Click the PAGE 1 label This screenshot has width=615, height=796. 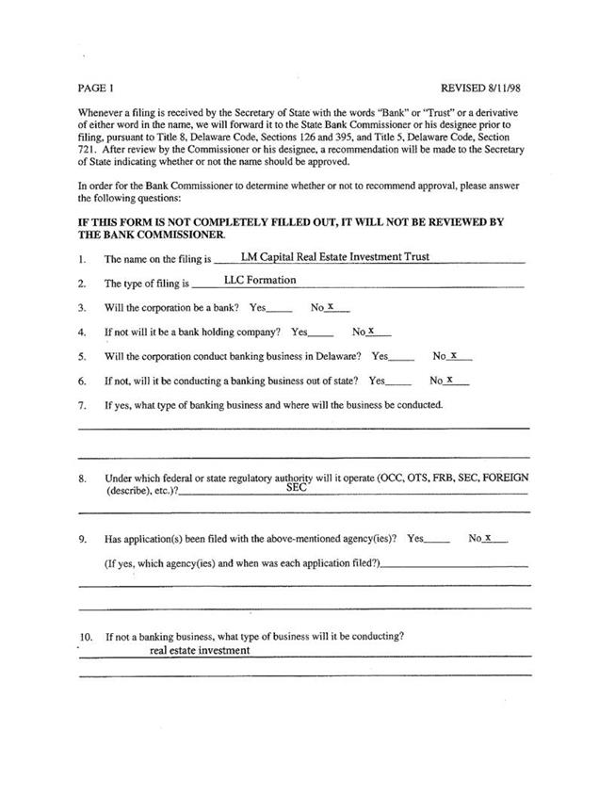[x=96, y=89]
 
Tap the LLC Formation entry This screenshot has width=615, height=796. [x=260, y=280]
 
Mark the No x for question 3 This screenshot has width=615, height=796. [x=332, y=306]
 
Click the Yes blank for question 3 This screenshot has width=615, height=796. [x=280, y=308]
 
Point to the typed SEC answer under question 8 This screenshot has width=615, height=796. [x=296, y=488]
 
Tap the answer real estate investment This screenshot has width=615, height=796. [x=200, y=650]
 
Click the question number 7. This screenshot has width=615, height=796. [x=83, y=406]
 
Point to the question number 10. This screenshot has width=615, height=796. [x=86, y=637]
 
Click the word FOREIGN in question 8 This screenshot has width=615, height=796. [x=506, y=478]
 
